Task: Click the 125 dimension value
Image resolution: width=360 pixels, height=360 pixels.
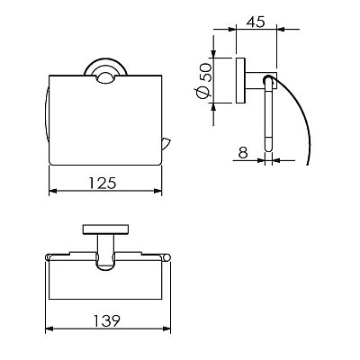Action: [103, 183]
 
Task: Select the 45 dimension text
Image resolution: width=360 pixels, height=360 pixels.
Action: [256, 22]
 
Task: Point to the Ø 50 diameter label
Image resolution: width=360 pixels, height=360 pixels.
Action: [204, 82]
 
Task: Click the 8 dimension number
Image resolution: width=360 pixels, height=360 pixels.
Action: [243, 153]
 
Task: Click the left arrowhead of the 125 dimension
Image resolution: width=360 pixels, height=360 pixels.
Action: [53, 191]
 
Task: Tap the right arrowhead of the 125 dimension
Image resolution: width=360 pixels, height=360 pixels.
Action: [157, 191]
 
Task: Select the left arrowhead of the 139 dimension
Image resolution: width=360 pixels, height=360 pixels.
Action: [49, 329]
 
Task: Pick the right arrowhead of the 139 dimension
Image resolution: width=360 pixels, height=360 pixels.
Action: [166, 329]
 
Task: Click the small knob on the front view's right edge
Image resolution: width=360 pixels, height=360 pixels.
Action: [166, 144]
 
